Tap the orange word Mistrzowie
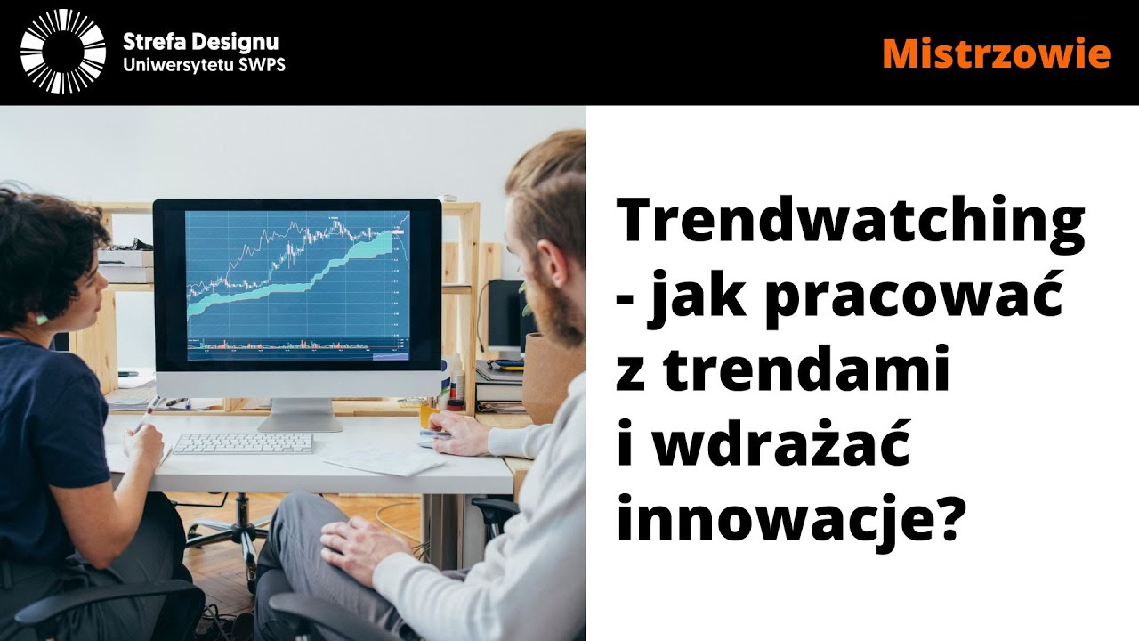click(x=996, y=53)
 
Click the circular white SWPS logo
click(x=62, y=53)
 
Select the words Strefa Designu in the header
click(x=201, y=41)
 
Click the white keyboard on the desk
click(x=242, y=442)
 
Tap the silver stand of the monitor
click(x=300, y=414)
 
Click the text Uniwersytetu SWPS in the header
click(x=204, y=66)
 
